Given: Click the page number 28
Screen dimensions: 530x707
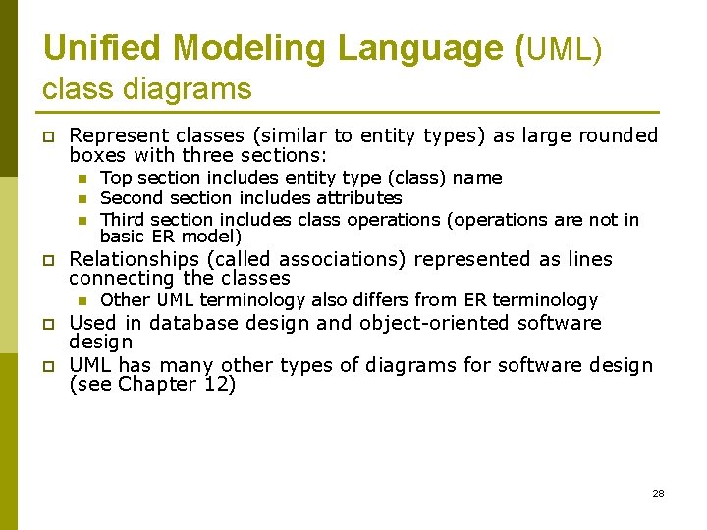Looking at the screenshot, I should click(x=658, y=493).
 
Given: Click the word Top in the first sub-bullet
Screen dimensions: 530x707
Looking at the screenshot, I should click(x=116, y=178).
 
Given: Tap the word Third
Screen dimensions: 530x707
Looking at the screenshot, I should click(x=124, y=219).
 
